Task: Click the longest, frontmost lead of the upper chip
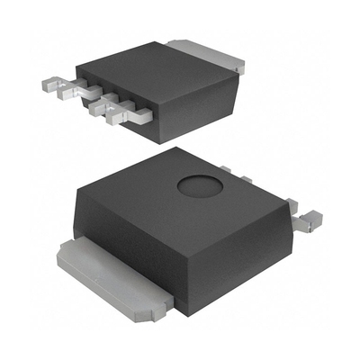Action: tap(121, 112)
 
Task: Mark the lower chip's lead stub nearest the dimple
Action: tap(227, 168)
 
